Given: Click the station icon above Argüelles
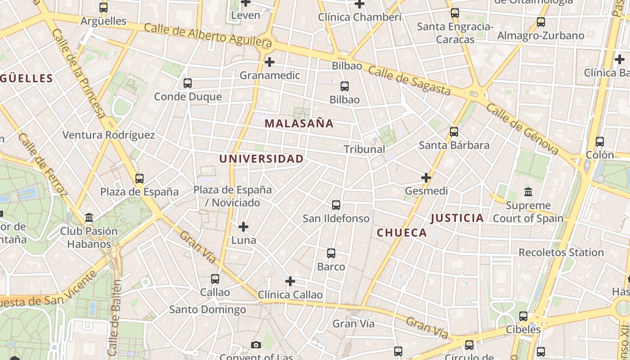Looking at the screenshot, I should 103,8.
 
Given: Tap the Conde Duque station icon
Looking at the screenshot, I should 188,83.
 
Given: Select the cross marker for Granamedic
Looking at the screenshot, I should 270,62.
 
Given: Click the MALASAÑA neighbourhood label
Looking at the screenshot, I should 299,123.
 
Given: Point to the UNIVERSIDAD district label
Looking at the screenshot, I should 261,159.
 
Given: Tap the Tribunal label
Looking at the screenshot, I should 364,149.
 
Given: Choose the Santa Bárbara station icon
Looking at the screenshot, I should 454,132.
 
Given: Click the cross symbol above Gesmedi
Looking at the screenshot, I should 426,178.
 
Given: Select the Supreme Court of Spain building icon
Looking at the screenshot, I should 528,192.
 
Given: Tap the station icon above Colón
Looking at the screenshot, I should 600,142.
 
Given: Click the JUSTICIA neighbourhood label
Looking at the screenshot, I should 457,218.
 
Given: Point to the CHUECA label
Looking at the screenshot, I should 401,233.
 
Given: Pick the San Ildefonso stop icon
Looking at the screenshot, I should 336,205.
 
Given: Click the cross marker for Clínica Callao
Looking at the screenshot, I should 290,282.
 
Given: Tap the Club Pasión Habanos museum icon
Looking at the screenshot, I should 89,218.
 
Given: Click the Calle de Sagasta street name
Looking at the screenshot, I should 409,81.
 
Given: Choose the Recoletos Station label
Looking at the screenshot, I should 561,252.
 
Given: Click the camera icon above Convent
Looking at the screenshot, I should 256,345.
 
